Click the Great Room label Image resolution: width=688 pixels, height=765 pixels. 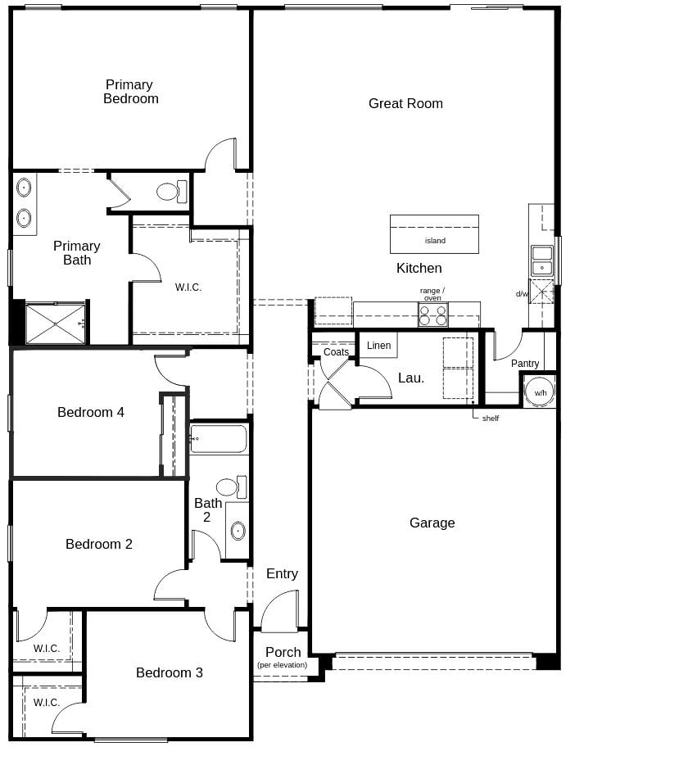tap(405, 103)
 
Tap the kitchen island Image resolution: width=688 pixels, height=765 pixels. tap(434, 234)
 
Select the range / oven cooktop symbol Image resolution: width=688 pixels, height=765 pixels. tap(432, 315)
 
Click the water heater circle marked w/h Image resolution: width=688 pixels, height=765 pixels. tap(540, 392)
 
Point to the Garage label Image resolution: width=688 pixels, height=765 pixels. tap(432, 523)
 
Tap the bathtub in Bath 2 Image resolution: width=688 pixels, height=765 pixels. tap(218, 438)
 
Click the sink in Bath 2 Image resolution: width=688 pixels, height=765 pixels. tap(238, 531)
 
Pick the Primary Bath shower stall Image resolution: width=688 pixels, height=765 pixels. tap(56, 324)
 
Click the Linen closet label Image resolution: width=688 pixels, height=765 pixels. tap(378, 346)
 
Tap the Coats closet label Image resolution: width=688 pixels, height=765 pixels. tap(336, 352)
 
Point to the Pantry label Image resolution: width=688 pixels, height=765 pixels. tap(525, 364)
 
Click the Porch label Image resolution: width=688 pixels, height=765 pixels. tap(283, 653)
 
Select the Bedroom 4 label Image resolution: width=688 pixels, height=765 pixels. tap(91, 412)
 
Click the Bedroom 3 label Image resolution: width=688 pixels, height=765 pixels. tap(170, 672)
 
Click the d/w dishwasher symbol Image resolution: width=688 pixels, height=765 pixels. tap(541, 292)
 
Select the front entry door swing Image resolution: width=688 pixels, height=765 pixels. tap(279, 612)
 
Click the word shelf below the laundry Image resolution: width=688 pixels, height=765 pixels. tap(490, 419)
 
